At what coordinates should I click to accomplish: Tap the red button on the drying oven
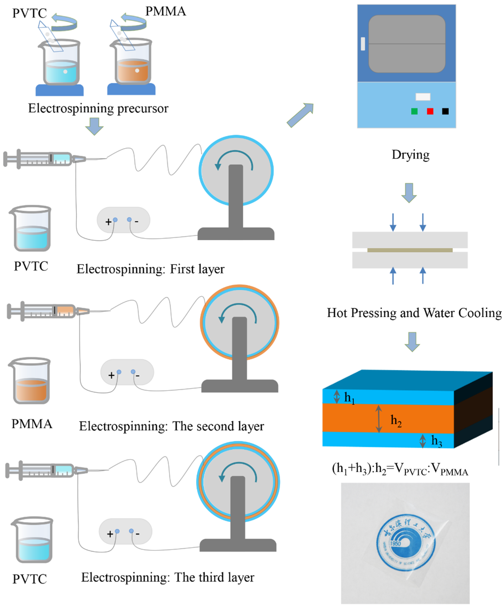[x=430, y=111]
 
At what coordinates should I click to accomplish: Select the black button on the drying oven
[x=445, y=111]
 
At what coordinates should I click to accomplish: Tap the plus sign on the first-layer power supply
[x=108, y=222]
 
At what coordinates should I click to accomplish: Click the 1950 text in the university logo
[x=395, y=544]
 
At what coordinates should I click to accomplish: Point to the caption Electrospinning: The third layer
[x=168, y=577]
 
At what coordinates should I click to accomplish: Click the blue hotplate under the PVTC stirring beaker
[x=60, y=90]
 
